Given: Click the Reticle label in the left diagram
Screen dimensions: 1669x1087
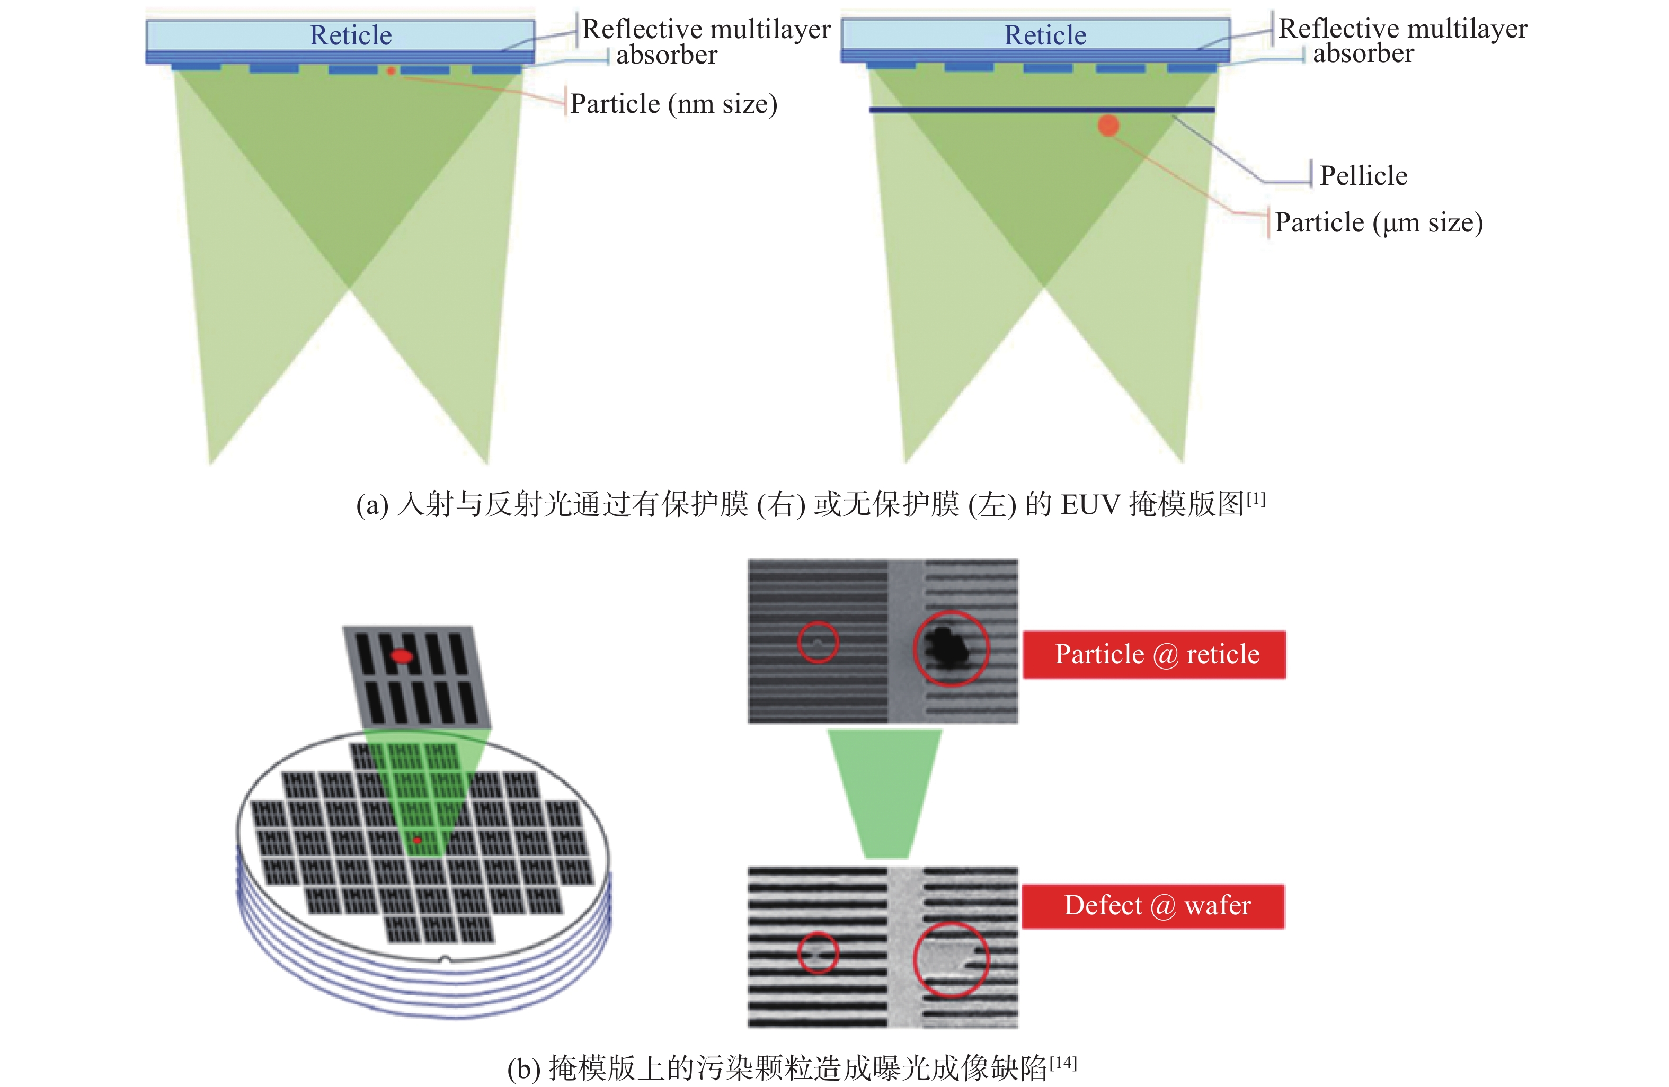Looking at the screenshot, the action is coord(351,35).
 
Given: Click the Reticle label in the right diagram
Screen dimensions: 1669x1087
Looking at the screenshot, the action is coord(1045,35).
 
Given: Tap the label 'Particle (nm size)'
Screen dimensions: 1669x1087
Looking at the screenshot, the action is coord(673,104).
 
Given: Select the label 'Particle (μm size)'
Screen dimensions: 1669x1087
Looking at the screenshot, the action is coord(1379,222).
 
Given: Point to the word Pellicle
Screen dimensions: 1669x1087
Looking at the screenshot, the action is coord(1363,175).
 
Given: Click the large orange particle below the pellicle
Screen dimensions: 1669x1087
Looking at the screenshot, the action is coord(1108,126).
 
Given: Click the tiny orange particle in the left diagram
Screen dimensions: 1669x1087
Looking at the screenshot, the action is coord(390,71).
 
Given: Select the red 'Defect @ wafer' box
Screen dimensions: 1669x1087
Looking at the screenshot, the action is coord(1153,906).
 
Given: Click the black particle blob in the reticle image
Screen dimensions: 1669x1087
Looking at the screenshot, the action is coord(947,647).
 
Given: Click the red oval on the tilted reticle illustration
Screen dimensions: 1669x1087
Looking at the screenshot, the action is coord(402,656).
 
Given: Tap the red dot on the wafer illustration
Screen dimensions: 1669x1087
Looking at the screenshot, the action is coord(418,840).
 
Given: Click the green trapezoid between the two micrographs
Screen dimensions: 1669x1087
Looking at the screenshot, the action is coord(885,792).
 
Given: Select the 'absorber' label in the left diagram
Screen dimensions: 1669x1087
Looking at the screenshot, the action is coord(666,55).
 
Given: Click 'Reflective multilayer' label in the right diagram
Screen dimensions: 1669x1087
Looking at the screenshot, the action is coord(1402,29).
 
